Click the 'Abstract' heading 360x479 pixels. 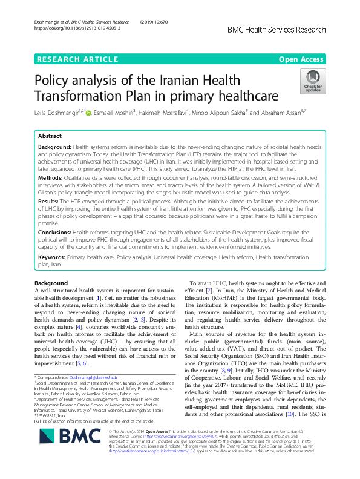[x=50, y=136]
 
